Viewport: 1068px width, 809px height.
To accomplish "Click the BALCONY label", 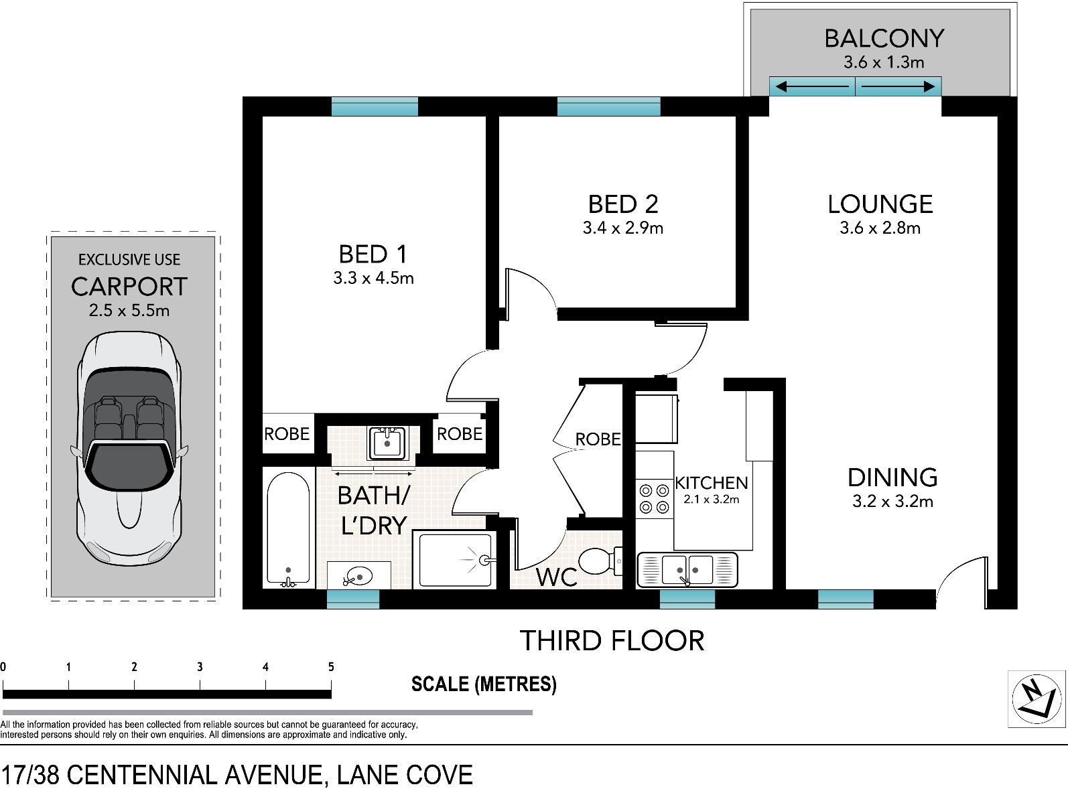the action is pos(884,38).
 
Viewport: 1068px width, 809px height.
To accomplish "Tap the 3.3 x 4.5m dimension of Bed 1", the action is pos(373,278).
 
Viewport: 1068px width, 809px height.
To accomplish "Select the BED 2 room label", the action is pos(623,204).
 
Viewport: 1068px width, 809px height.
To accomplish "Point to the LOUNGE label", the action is pos(880,204).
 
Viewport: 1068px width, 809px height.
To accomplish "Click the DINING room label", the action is pos(892,477).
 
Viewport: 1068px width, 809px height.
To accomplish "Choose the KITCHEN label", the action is pos(712,483).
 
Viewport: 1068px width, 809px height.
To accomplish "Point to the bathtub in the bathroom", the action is pos(288,528).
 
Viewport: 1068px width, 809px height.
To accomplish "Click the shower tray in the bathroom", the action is pos(456,560).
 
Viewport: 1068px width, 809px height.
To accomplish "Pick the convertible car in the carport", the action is pos(129,448).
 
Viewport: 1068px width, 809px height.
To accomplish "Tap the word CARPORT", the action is pos(129,287).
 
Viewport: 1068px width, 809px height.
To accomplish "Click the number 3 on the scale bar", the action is pos(200,666).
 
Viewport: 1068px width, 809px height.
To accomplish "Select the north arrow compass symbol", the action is pos(1037,698).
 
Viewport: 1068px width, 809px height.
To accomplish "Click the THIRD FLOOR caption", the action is pos(612,640).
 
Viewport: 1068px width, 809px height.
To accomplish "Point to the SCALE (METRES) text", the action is pos(484,684).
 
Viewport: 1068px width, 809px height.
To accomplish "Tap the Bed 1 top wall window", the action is pos(375,106).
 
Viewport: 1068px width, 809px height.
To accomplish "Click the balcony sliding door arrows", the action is pos(855,86).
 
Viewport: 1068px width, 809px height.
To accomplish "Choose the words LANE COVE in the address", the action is pos(405,775).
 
